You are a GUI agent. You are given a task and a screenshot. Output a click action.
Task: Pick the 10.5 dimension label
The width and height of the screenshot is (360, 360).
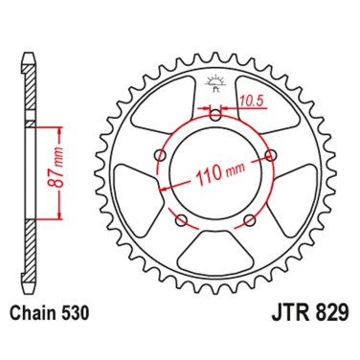(250, 97)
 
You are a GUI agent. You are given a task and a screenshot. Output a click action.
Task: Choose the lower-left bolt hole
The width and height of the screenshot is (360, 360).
(182, 220)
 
